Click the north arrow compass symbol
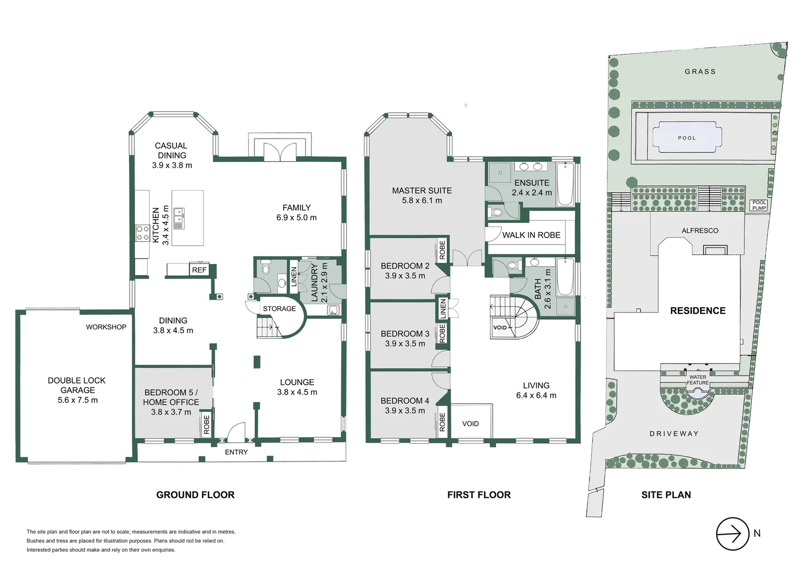pyautogui.click(x=732, y=534)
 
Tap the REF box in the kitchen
pyautogui.click(x=199, y=270)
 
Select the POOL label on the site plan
pyautogui.click(x=686, y=138)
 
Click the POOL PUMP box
pyautogui.click(x=759, y=205)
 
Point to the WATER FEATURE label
pyautogui.click(x=698, y=380)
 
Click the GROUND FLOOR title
pyautogui.click(x=195, y=495)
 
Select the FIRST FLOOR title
pyautogui.click(x=478, y=495)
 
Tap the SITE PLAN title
pyautogui.click(x=666, y=495)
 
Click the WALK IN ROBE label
pyautogui.click(x=531, y=235)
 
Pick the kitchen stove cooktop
pyautogui.click(x=143, y=233)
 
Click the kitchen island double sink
pyautogui.click(x=180, y=218)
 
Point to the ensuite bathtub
pyautogui.click(x=565, y=184)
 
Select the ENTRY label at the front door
pyautogui.click(x=236, y=452)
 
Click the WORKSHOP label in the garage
pyautogui.click(x=106, y=327)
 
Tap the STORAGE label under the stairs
pyautogui.click(x=279, y=309)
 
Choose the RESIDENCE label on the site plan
pyautogui.click(x=698, y=311)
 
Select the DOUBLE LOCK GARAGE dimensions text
pyautogui.click(x=77, y=400)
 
